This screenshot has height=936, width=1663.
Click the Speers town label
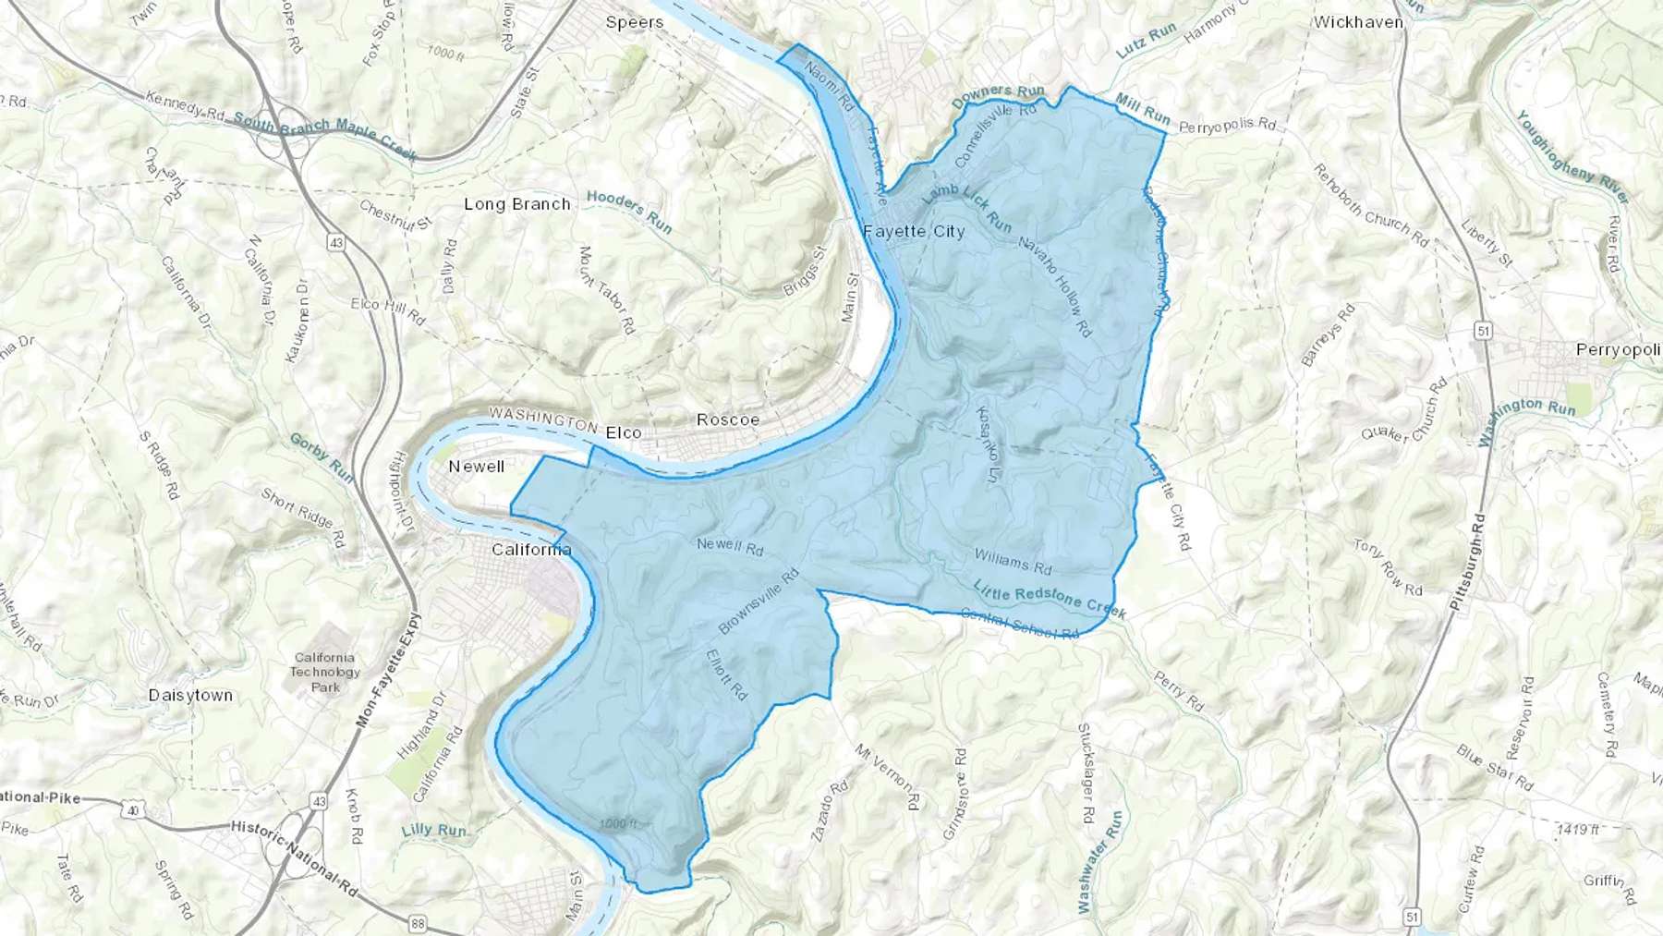(x=634, y=22)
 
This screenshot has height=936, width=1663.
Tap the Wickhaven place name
(x=1358, y=22)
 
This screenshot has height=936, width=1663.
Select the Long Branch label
(x=516, y=204)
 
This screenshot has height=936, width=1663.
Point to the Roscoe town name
(x=728, y=419)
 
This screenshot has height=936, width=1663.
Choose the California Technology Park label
(x=325, y=672)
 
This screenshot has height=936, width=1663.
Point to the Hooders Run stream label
(x=629, y=212)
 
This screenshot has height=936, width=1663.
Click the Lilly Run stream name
(x=434, y=830)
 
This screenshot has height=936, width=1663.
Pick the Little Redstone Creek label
(x=1050, y=598)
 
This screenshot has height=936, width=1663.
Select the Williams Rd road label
(x=1014, y=560)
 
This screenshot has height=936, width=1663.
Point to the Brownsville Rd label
(x=758, y=602)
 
